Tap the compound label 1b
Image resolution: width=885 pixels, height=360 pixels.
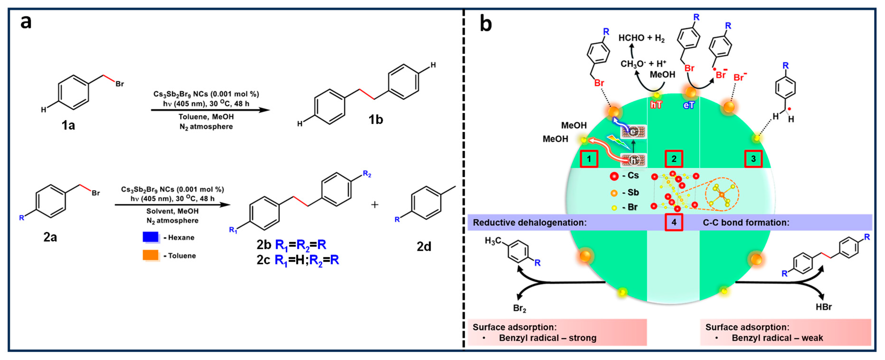point(375,120)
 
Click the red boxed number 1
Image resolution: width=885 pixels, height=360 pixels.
point(589,159)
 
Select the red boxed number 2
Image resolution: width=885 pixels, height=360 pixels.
point(674,159)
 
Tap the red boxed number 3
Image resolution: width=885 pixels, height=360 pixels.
point(754,159)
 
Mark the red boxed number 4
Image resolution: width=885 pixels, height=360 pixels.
point(674,222)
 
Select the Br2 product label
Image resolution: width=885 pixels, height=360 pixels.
point(519,308)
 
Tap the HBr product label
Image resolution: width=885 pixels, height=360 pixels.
point(823,307)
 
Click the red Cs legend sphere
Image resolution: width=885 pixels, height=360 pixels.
point(614,176)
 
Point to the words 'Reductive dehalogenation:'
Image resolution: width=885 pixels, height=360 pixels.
point(529,223)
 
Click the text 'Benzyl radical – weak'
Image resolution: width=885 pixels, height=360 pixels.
point(777,338)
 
